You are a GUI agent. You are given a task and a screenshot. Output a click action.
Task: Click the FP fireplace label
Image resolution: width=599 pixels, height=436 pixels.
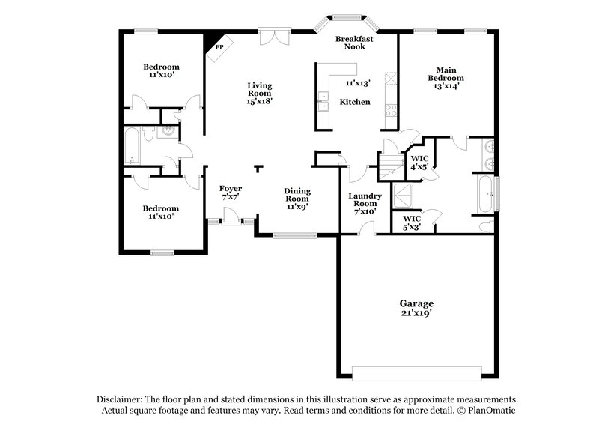[219, 48]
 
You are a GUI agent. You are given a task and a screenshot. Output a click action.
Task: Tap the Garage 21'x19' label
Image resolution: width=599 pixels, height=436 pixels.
[416, 309]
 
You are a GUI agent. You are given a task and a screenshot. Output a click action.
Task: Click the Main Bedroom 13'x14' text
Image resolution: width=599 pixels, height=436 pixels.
[446, 78]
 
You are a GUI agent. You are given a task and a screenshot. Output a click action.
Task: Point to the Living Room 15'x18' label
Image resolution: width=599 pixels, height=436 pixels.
[260, 93]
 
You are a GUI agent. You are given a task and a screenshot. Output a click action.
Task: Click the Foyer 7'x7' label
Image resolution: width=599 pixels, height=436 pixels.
[230, 193]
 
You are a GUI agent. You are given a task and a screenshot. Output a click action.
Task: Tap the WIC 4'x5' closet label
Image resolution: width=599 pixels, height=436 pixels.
[419, 163]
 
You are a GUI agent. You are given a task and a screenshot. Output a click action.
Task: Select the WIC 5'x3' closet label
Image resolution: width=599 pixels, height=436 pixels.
[413, 222]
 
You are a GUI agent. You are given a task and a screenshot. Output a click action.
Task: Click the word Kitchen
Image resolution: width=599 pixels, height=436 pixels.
[355, 102]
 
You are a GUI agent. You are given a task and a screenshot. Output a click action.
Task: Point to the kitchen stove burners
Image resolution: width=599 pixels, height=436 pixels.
[390, 109]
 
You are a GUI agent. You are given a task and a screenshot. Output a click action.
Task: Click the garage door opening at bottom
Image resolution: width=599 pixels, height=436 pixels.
[417, 373]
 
